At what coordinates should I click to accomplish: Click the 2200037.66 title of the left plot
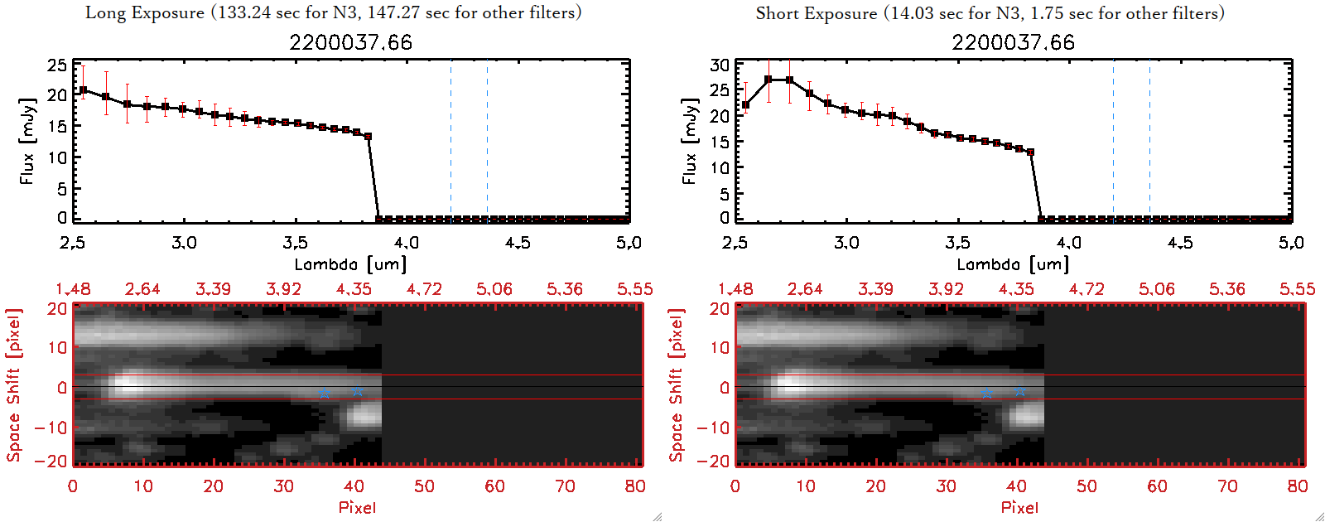(350, 42)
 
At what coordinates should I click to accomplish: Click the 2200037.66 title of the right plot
(1013, 42)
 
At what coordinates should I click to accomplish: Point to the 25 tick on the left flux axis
(57, 65)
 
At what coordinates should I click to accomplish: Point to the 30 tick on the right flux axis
(720, 65)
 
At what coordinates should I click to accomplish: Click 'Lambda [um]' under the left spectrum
(350, 264)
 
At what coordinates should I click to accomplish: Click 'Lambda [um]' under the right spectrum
(1013, 264)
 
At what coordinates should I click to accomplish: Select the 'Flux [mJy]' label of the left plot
(27, 141)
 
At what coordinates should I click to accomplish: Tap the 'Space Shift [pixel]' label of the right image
(677, 385)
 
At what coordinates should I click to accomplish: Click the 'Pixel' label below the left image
(357, 507)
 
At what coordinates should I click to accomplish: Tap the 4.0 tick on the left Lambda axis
(406, 243)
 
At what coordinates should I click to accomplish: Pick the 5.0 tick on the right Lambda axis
(1291, 243)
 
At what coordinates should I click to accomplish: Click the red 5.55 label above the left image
(634, 289)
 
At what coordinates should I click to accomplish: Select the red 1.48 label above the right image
(735, 289)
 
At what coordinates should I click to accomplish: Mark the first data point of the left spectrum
(83, 90)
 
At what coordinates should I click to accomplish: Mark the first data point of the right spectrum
(746, 105)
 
